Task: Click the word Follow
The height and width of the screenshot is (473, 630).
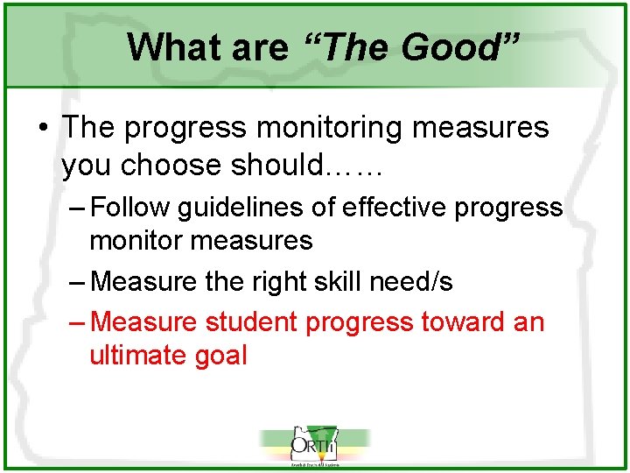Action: [129, 208]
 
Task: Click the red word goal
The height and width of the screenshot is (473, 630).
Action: [222, 356]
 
